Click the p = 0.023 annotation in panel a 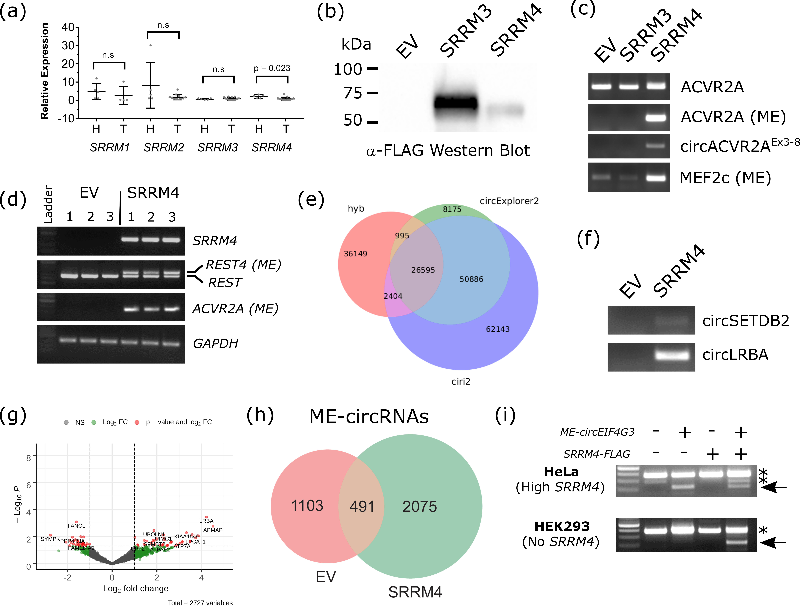point(272,68)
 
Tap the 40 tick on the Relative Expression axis point(68,27)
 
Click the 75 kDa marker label point(353,93)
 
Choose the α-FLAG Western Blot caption point(448,151)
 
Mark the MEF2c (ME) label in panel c point(725,178)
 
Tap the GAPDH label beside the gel point(215,343)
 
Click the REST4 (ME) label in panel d point(243,265)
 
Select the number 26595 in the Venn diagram point(423,270)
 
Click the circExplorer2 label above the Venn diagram point(509,201)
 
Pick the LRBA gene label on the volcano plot point(206,521)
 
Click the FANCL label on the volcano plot point(76,526)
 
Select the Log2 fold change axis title point(136,589)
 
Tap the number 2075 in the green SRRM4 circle point(419,506)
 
